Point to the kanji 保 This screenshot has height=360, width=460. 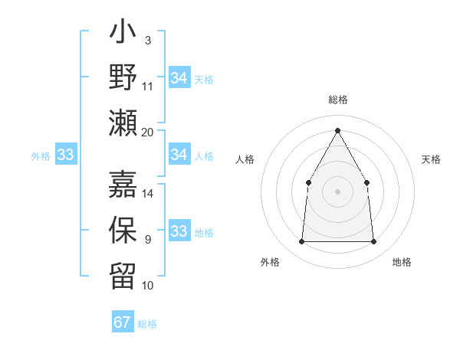[123, 231]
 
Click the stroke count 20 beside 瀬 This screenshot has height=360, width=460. [148, 132]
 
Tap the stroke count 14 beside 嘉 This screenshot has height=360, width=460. [148, 194]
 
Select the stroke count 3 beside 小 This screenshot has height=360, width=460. [147, 40]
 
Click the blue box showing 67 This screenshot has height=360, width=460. [123, 322]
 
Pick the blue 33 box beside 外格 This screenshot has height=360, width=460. [66, 155]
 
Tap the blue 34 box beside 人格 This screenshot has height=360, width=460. [179, 155]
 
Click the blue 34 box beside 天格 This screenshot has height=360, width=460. [179, 78]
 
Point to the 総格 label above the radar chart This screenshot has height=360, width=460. [337, 100]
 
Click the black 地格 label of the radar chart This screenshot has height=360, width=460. [402, 263]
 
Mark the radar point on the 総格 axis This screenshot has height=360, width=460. [337, 129]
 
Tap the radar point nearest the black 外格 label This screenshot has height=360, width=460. [301, 242]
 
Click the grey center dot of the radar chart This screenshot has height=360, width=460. [337, 191]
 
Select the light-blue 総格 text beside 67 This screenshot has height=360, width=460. [147, 324]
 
